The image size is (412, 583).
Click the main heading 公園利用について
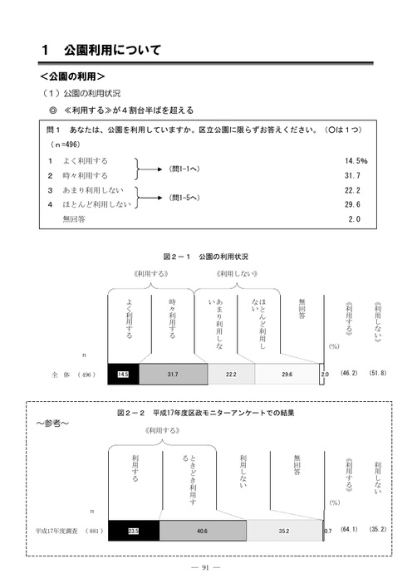pyautogui.click(x=112, y=50)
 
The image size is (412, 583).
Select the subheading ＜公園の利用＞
pyautogui.click(x=72, y=76)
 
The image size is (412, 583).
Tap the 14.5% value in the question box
pyautogui.click(x=356, y=160)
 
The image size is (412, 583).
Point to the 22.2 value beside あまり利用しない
pyautogui.click(x=352, y=190)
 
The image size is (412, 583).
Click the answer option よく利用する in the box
pyautogui.click(x=86, y=161)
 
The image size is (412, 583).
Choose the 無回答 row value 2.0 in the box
pyautogui.click(x=355, y=219)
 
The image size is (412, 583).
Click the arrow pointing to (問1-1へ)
pyautogui.click(x=150, y=169)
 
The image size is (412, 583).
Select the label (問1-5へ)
pyautogui.click(x=184, y=198)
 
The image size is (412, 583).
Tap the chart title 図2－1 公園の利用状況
pyautogui.click(x=206, y=257)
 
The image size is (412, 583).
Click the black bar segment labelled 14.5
pyautogui.click(x=124, y=374)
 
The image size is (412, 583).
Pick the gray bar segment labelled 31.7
pyautogui.click(x=174, y=374)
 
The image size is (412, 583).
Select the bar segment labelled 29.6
pyautogui.click(x=287, y=374)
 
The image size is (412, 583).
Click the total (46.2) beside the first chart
pyautogui.click(x=349, y=373)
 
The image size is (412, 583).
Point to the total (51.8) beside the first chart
pyautogui.click(x=377, y=373)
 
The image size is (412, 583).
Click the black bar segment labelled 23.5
pyautogui.click(x=134, y=531)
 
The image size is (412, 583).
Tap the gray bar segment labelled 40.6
pyautogui.click(x=203, y=531)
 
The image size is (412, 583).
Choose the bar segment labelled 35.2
pyautogui.click(x=284, y=531)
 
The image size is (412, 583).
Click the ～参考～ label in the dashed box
pyautogui.click(x=52, y=423)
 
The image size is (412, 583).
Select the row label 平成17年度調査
pyautogui.click(x=56, y=531)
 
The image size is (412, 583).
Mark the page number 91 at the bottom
pyautogui.click(x=205, y=567)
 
